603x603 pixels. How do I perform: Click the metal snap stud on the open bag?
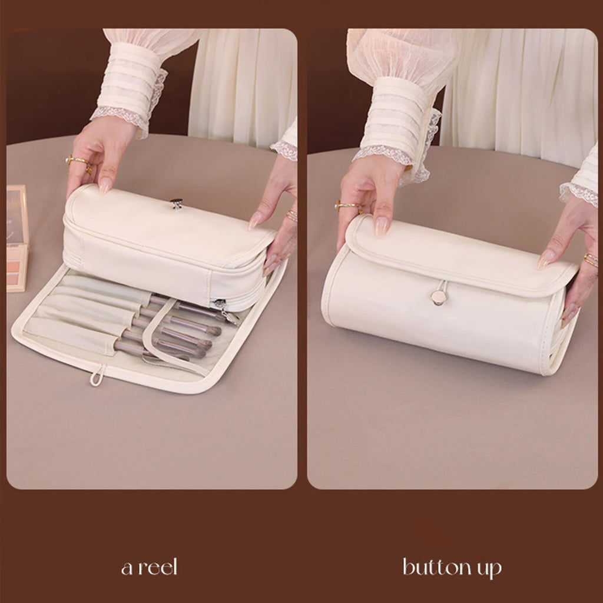(176, 203)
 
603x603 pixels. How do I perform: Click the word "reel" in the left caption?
(155, 568)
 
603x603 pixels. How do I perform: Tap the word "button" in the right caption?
(435, 568)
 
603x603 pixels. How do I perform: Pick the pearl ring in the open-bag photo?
(78, 160)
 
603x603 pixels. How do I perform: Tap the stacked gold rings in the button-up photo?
(591, 260)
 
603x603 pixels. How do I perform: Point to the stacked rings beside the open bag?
(291, 216)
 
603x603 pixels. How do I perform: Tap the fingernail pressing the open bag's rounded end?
(256, 220)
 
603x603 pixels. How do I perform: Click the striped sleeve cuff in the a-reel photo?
(127, 88)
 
